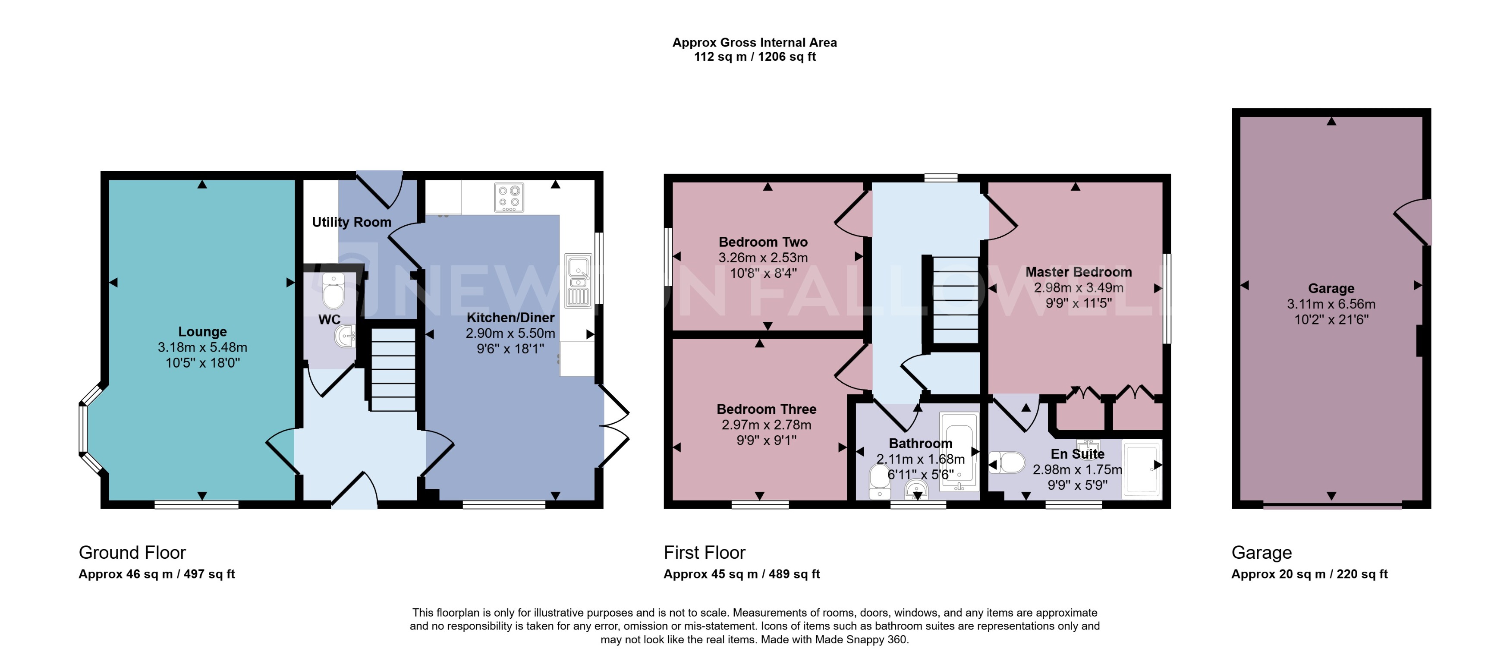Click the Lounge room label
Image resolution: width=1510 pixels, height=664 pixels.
[202, 332]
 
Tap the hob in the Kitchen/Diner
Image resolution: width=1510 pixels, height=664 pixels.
[508, 198]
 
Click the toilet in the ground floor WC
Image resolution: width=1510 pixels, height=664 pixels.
[333, 291]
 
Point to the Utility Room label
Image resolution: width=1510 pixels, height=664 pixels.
[351, 222]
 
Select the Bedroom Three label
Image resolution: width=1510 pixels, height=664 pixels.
[766, 409]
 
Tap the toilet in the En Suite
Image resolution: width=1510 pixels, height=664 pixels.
[1008, 463]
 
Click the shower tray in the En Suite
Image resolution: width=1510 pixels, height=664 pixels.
[1141, 469]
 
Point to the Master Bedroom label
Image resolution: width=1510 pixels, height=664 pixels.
[1078, 272]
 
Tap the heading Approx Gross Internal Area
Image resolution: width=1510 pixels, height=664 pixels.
[755, 42]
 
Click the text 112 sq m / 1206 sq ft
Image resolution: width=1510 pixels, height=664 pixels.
[755, 57]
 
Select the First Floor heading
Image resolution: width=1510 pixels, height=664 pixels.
[704, 552]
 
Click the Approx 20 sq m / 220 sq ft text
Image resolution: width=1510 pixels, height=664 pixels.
[1309, 574]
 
